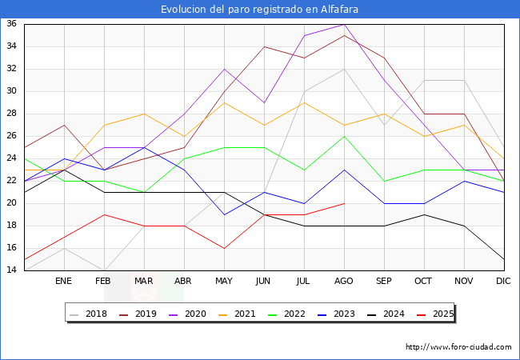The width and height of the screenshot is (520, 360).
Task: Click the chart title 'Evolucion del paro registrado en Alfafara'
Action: pos(259,10)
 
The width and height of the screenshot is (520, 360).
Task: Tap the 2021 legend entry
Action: pos(246,314)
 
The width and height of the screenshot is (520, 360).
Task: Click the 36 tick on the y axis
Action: pos(12,24)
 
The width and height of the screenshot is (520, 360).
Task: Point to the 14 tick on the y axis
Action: pos(12,270)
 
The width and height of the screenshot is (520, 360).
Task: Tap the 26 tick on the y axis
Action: pos(12,136)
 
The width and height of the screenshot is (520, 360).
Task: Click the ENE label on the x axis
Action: pos(64,282)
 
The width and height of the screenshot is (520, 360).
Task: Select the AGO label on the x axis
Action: pos(344,282)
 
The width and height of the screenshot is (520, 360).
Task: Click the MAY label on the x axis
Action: pos(224,282)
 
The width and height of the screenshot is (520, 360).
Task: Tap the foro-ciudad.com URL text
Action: pos(458,347)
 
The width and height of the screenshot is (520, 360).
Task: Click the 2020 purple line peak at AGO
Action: pos(344,24)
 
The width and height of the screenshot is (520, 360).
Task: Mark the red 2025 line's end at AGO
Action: pos(344,203)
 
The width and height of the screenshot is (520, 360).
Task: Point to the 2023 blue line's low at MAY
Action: pos(224,214)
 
